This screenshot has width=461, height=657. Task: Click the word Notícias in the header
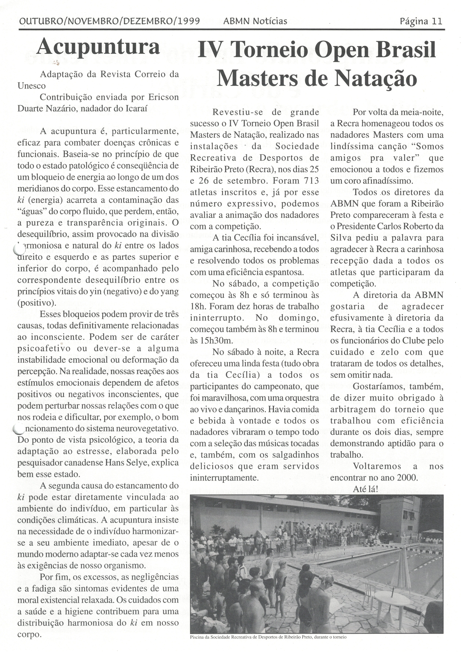270,21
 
